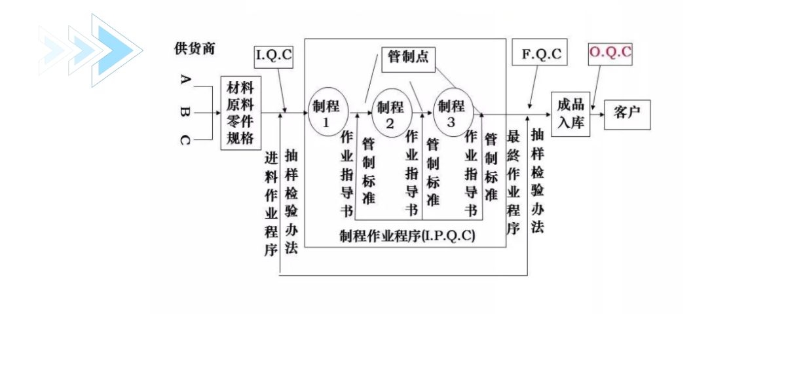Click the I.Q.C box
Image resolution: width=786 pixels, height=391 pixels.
pyautogui.click(x=274, y=56)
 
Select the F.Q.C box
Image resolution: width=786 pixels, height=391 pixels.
pyautogui.click(x=541, y=54)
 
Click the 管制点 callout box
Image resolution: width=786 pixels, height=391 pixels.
pyautogui.click(x=409, y=57)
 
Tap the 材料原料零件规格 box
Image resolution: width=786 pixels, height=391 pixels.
pyautogui.click(x=240, y=113)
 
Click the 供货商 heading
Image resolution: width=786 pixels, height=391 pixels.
pyautogui.click(x=194, y=48)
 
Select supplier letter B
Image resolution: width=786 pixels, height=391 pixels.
pyautogui.click(x=185, y=112)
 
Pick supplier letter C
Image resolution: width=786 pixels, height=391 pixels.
pyautogui.click(x=185, y=140)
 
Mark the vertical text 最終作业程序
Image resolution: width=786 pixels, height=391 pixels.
pyautogui.click(x=514, y=182)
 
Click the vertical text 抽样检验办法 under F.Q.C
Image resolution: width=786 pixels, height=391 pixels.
pyautogui.click(x=537, y=181)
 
